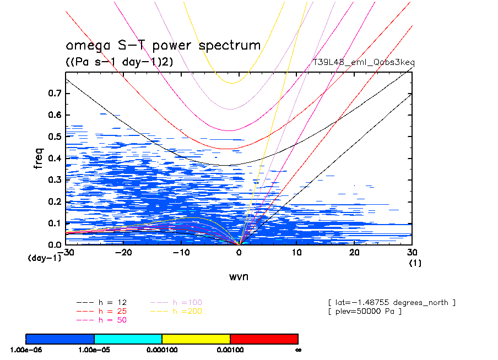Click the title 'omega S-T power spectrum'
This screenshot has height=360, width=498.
[x=163, y=45]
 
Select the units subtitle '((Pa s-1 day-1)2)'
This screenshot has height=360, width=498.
[x=119, y=62]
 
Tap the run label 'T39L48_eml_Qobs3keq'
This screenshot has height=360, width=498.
[x=364, y=62]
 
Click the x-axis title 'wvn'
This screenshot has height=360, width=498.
[x=239, y=276]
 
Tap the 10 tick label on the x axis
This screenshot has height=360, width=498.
[x=296, y=252]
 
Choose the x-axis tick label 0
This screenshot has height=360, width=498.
[x=239, y=252]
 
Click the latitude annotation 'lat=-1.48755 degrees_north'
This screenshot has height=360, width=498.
[x=391, y=302]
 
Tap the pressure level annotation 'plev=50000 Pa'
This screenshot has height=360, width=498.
[x=364, y=312]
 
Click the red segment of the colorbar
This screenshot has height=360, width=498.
[x=264, y=338]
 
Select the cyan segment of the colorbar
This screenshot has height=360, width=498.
[x=128, y=338]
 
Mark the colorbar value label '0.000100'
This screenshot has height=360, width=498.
[x=161, y=350]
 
